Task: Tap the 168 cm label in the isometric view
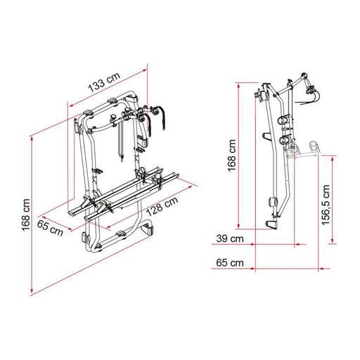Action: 26,214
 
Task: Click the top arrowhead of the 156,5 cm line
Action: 330,157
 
